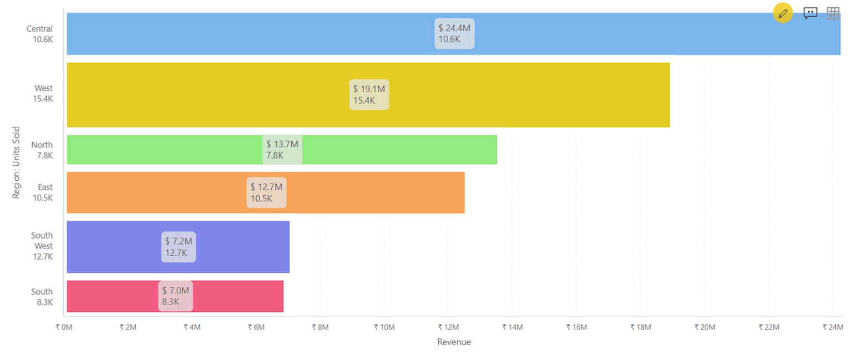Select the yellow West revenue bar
499,95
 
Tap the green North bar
388,150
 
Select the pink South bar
233,297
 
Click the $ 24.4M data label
454,33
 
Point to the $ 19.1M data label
369,94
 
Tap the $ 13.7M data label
282,150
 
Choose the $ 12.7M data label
266,192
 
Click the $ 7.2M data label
178,247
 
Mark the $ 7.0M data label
176,296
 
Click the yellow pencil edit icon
783,13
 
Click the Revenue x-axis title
454,342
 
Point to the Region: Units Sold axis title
16,163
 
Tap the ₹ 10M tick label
384,327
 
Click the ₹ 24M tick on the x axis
833,327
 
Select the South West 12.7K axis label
42,246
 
